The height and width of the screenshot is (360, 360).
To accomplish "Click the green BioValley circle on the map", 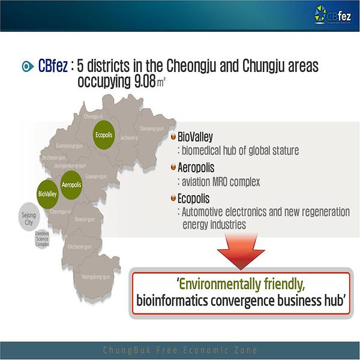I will tap(47, 194).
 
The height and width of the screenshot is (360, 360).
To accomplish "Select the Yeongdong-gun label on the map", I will tap(98, 277).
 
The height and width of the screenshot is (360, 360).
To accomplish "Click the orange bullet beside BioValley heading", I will tap(173, 137).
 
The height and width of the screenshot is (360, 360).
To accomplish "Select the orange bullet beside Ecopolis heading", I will tap(173, 197).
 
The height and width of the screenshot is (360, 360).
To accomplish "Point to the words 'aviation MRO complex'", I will tap(215, 181).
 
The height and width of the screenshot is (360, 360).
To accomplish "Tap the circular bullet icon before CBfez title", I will tap(25, 67).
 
